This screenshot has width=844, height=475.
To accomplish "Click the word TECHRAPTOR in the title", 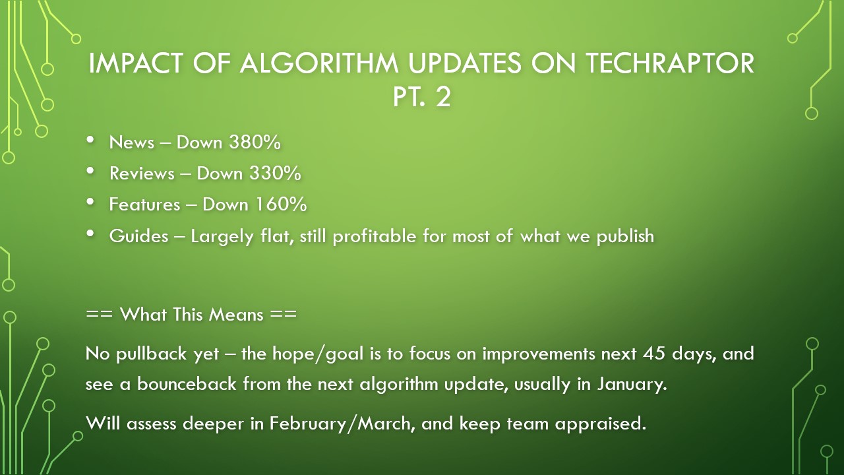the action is pos(670,63).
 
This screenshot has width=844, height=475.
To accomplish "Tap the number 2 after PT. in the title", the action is pos(442,96).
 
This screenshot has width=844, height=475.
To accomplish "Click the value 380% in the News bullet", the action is pos(255,142).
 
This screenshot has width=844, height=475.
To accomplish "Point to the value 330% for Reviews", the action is pos(275,173).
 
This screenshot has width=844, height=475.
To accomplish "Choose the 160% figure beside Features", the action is pos(281,205).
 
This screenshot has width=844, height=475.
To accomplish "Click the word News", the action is pos(131,142).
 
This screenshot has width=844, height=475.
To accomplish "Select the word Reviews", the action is pos(142,174).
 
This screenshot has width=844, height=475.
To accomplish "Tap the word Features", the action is pos(144,205).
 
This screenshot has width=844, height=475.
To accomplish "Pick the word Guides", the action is pos(138,236).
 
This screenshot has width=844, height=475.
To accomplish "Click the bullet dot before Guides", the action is pos(90,234).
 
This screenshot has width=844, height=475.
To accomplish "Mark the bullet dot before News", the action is pos(90,139).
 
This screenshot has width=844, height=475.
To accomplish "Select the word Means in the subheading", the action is pos(236,314).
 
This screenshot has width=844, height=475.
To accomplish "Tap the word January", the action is pos(632,385).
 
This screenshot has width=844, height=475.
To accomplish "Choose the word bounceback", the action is pos(187,384).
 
